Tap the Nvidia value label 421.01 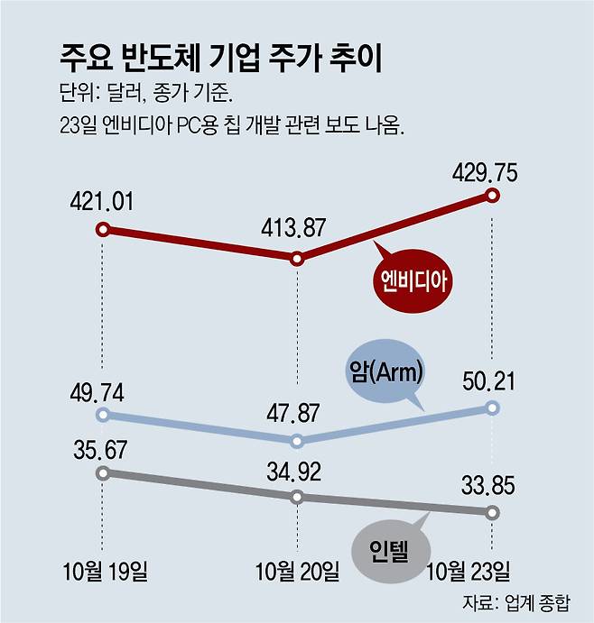point(101,201)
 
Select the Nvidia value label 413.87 point(295,229)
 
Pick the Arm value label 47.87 point(295,415)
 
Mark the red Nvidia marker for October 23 point(492,195)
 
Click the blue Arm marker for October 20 point(297,441)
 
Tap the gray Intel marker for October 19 point(103,472)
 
